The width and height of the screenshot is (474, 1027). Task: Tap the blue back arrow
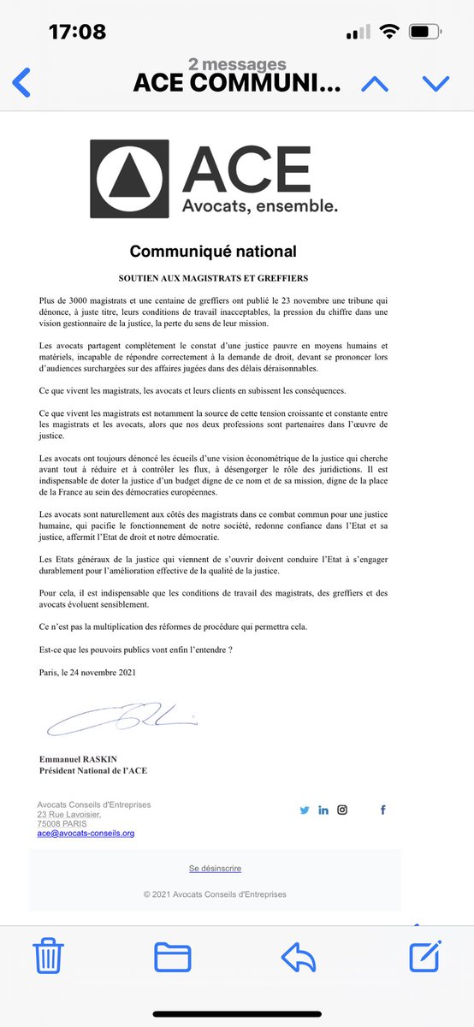coord(21,82)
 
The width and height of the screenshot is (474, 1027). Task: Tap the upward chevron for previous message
coord(375,83)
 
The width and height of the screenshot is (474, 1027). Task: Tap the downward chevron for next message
coord(435,83)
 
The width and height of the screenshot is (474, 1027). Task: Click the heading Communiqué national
coord(213,252)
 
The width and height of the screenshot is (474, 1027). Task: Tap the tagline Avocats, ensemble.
coord(248,205)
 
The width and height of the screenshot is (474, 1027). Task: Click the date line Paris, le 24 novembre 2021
coord(87,672)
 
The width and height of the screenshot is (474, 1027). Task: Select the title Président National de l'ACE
coord(93,770)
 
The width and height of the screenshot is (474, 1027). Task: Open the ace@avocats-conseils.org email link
coord(86,833)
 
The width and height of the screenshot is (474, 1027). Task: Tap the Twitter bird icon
coord(305,810)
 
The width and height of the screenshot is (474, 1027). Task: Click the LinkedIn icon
coord(323,810)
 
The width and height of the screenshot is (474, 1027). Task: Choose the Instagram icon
coord(342,810)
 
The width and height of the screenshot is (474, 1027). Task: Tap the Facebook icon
coord(382,810)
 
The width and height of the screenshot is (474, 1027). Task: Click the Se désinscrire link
coord(215,868)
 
